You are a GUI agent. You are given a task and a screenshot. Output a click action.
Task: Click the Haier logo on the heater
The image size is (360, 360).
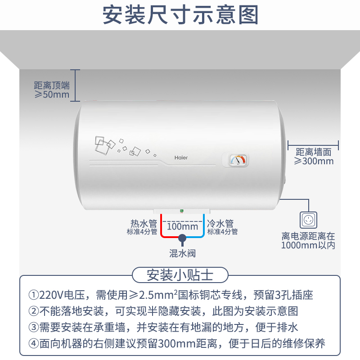tap(181, 158)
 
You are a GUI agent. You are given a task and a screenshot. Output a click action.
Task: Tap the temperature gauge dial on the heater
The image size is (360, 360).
tap(237, 160)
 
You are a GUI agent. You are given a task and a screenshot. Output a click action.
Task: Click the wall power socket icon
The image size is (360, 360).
tap(308, 219)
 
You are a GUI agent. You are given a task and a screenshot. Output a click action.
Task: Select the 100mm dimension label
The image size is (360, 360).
tap(182, 226)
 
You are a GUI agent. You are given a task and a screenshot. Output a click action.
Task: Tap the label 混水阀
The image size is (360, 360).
tap(182, 253)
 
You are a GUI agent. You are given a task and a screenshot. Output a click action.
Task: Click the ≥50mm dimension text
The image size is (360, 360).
tap(52, 95)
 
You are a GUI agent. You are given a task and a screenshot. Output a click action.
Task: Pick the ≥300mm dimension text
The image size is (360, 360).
tap(314, 161)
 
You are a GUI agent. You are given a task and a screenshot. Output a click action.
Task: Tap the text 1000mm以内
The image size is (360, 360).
tap(308, 245)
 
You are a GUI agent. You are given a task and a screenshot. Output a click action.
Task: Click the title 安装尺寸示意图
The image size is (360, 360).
tap(180, 15)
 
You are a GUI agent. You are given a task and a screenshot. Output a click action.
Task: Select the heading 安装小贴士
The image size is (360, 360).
tap(180, 274)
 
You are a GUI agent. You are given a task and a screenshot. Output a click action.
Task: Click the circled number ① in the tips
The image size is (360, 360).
tap(34, 295)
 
